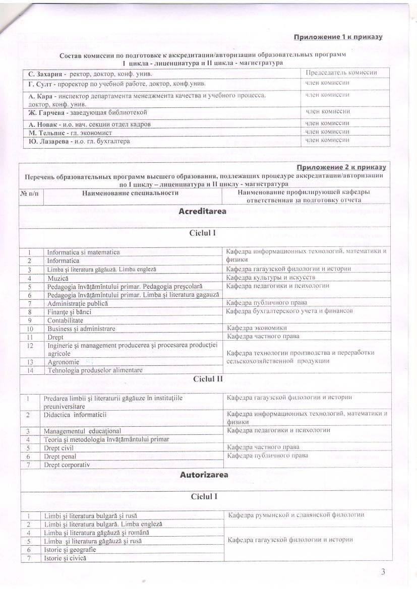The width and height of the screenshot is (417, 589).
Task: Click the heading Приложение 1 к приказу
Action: (x=338, y=37)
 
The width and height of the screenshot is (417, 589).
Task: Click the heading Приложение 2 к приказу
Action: (x=341, y=167)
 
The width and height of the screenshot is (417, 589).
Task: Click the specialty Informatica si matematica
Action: (x=83, y=252)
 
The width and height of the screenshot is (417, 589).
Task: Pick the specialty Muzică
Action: (x=58, y=278)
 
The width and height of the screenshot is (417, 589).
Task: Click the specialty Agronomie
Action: (x=63, y=362)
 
